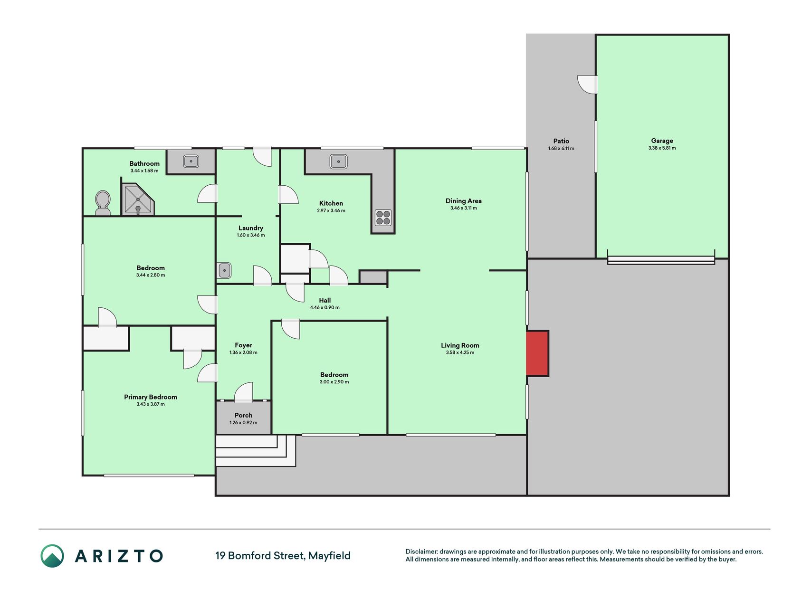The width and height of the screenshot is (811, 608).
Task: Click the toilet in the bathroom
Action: pyautogui.click(x=103, y=203)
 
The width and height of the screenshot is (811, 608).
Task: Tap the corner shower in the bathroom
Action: pyautogui.click(x=138, y=199)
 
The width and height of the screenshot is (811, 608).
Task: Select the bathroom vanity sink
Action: pyautogui.click(x=191, y=161)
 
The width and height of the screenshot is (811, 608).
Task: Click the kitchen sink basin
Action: pyautogui.click(x=338, y=161)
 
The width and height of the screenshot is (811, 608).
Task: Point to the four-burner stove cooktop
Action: pyautogui.click(x=383, y=218)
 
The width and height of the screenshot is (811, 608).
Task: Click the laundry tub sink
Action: pyautogui.click(x=224, y=270)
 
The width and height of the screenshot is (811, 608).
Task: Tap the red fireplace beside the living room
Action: pyautogui.click(x=538, y=353)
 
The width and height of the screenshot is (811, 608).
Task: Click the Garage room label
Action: pyautogui.click(x=662, y=141)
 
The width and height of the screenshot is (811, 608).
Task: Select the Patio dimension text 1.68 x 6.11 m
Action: pyautogui.click(x=561, y=149)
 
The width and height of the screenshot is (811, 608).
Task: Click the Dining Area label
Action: pyautogui.click(x=463, y=201)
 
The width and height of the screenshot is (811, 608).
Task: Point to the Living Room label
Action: pyautogui.click(x=460, y=345)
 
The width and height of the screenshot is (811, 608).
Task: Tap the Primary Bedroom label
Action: pyautogui.click(x=151, y=397)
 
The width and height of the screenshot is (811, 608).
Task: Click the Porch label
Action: pyautogui.click(x=243, y=415)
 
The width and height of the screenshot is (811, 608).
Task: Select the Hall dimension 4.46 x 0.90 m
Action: pyautogui.click(x=325, y=308)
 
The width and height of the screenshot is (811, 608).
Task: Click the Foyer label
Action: pyautogui.click(x=243, y=345)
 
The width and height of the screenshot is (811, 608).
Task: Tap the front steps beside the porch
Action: pyautogui.click(x=256, y=450)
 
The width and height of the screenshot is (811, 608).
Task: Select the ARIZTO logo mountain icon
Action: pyautogui.click(x=52, y=556)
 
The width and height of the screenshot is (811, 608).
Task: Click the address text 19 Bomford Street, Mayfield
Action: pyautogui.click(x=283, y=556)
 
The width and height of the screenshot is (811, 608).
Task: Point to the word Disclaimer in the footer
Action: pyautogui.click(x=421, y=551)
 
